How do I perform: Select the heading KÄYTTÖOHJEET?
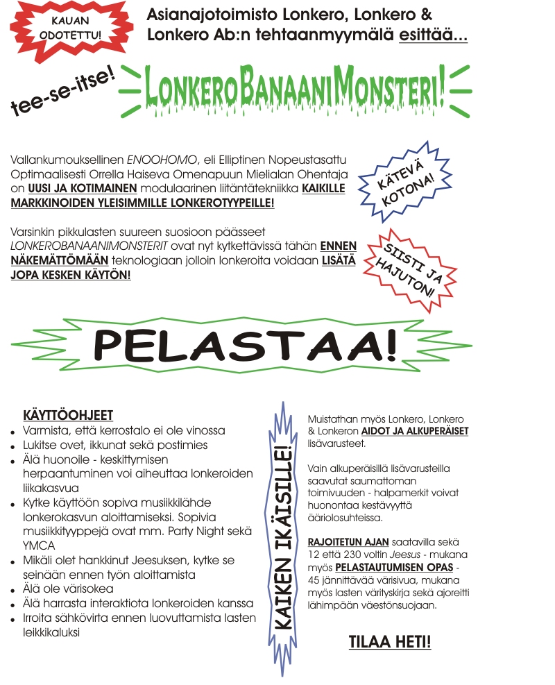pos(68,416)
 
